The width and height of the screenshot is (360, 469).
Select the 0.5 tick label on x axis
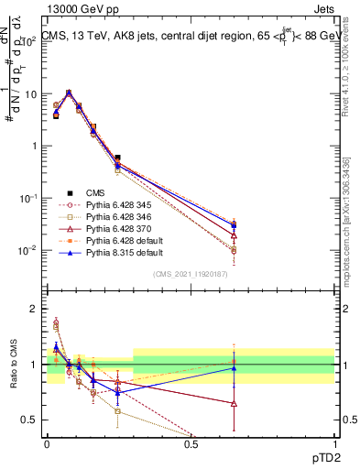coord(191,443)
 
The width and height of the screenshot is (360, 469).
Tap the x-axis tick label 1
coord(334,443)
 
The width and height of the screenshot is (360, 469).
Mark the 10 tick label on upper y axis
coord(30,93)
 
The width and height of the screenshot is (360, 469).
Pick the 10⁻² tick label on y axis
coord(28,250)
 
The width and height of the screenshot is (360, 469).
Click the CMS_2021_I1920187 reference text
coord(191,273)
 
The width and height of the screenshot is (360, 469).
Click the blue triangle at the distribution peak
coord(69,93)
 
